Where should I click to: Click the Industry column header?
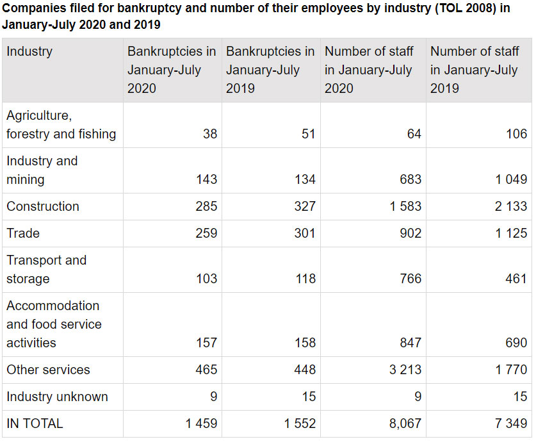pyautogui.click(x=29, y=51)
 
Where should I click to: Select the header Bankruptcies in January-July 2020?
pyautogui.click(x=171, y=69)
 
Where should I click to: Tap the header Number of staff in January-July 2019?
pyautogui.click(x=474, y=69)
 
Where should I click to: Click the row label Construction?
pyautogui.click(x=43, y=206)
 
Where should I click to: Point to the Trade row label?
pyautogui.click(x=23, y=233)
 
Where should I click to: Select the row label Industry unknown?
pyautogui.click(x=57, y=397)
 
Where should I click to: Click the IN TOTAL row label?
pyautogui.click(x=35, y=423)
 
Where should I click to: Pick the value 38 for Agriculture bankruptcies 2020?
pyautogui.click(x=210, y=134)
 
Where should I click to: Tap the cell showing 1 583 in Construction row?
pyautogui.click(x=405, y=206)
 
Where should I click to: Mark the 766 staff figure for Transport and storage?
pyautogui.click(x=410, y=279)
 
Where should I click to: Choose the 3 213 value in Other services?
pyautogui.click(x=405, y=370)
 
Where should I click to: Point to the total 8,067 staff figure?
pyautogui.click(x=404, y=423)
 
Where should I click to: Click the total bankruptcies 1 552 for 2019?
pyautogui.click(x=299, y=423)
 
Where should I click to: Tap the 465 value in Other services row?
pyautogui.click(x=206, y=370)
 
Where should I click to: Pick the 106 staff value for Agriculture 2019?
pyautogui.click(x=516, y=134)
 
